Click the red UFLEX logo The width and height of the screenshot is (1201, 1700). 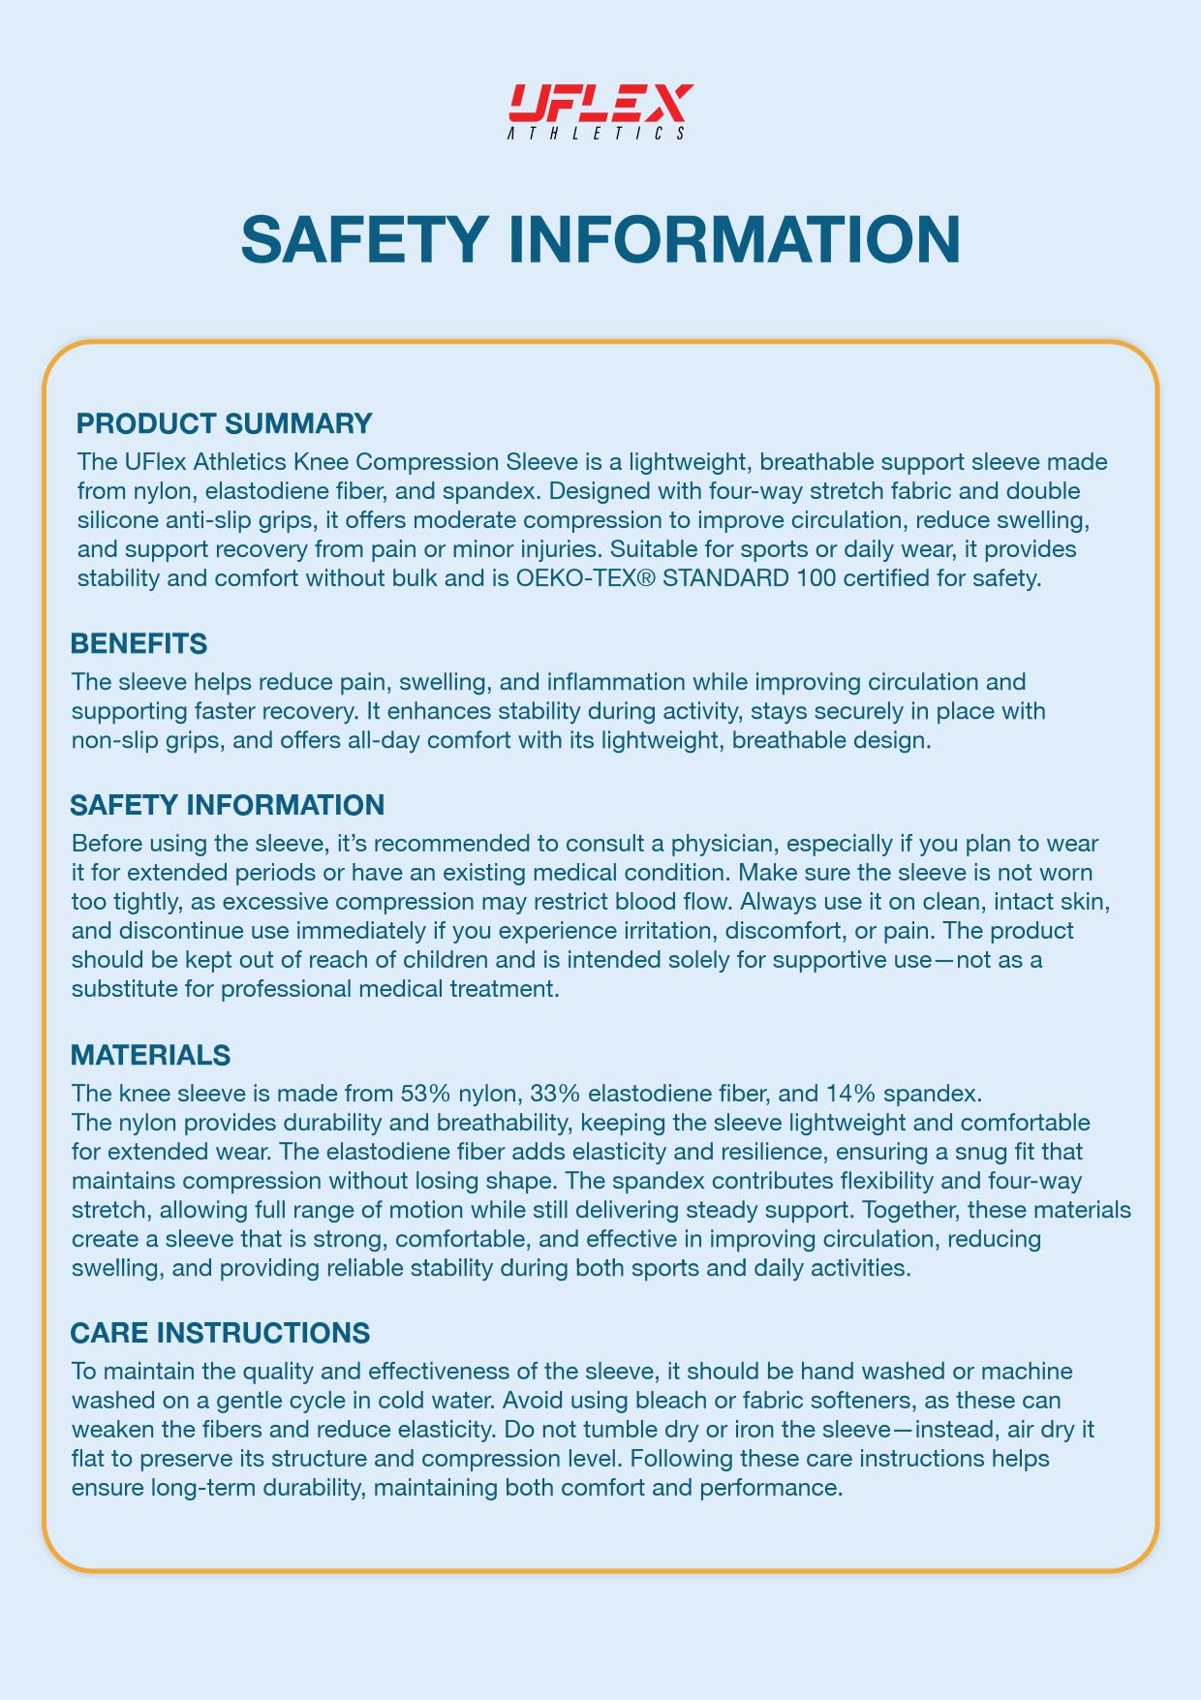pos(600,102)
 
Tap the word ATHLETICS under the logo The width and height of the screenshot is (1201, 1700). pos(597,134)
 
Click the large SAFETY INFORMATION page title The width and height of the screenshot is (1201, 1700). pos(600,239)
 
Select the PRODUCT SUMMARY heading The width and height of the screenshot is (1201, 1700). pos(224,423)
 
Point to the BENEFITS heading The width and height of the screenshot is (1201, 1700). pos(139,643)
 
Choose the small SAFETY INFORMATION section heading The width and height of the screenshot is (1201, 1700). pos(227,805)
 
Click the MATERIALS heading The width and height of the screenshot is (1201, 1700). pos(150,1055)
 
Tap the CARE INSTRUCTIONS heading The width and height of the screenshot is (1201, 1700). pos(220,1333)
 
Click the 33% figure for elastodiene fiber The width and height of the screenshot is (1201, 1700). pos(555,1094)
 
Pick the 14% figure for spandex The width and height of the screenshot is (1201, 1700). pos(851,1094)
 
